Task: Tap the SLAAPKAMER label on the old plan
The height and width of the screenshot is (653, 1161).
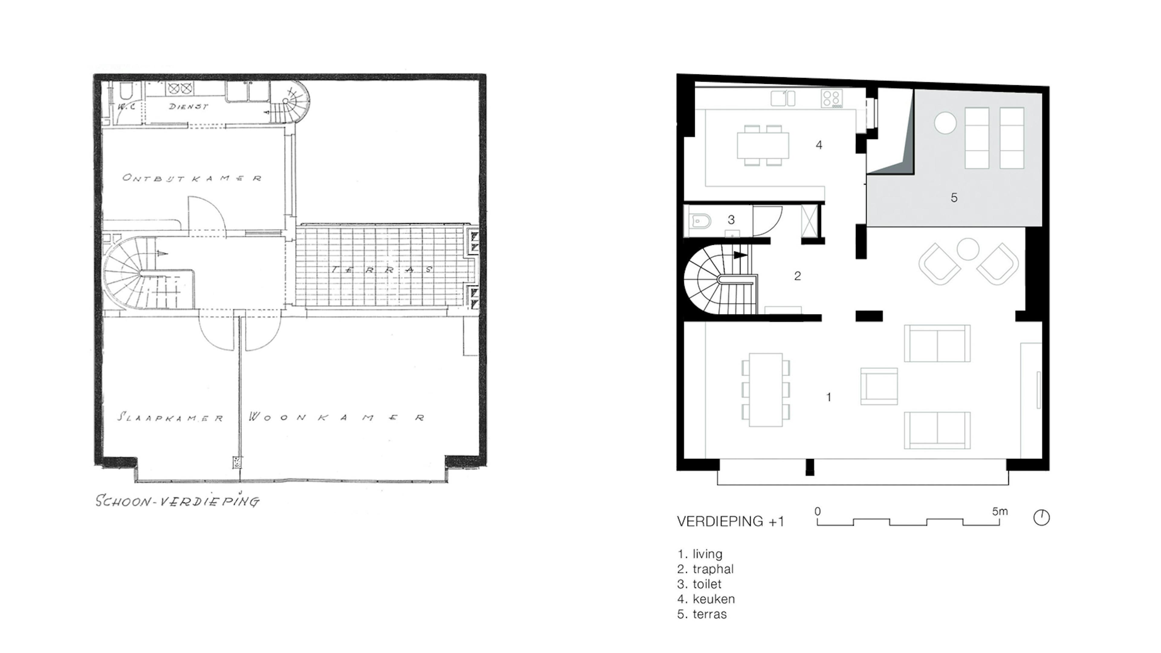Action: pyautogui.click(x=170, y=417)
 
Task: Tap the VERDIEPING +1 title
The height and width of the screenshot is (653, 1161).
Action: pyautogui.click(x=730, y=521)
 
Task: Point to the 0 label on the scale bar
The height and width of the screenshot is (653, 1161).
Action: pyautogui.click(x=818, y=512)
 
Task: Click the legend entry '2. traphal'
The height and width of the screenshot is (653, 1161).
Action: pyautogui.click(x=705, y=569)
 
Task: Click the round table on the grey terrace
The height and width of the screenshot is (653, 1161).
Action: pyautogui.click(x=945, y=122)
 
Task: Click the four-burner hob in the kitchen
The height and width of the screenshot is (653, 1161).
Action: pyautogui.click(x=831, y=98)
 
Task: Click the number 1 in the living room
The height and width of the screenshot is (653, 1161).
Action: pyautogui.click(x=828, y=397)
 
